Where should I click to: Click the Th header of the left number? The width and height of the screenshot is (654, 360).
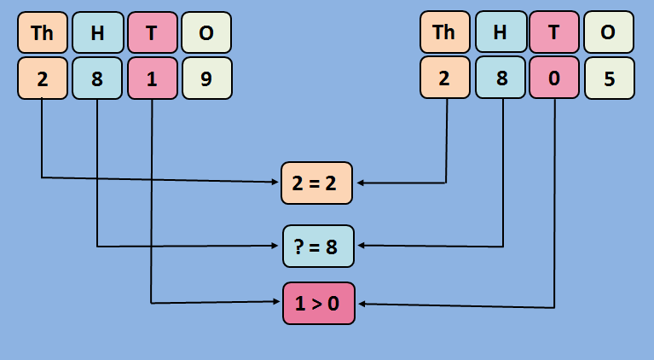42,32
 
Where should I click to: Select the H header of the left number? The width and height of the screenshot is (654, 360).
97,32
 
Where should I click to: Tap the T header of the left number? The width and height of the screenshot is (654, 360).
152,32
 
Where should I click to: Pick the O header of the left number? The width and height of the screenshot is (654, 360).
206,32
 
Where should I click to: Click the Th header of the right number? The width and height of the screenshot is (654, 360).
444,32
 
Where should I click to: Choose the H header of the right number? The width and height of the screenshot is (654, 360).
500,32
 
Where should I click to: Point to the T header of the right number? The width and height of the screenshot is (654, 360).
554,32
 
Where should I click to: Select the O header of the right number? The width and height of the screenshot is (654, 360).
609,32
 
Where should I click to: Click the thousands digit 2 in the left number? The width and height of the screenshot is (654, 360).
42,78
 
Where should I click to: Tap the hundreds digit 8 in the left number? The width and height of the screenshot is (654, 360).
97,78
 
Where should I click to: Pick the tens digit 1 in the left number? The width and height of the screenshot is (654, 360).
152,78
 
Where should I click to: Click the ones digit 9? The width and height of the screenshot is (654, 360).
206,78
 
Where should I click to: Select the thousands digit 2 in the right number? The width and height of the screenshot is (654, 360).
444,78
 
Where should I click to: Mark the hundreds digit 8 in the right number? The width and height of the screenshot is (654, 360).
500,78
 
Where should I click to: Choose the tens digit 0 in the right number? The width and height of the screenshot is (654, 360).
554,78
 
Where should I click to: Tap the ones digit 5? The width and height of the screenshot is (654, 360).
609,78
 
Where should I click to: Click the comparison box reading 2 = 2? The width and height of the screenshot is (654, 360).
316,183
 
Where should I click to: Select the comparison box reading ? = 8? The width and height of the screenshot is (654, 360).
316,247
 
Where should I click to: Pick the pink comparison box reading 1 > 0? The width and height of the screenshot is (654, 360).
317,303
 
